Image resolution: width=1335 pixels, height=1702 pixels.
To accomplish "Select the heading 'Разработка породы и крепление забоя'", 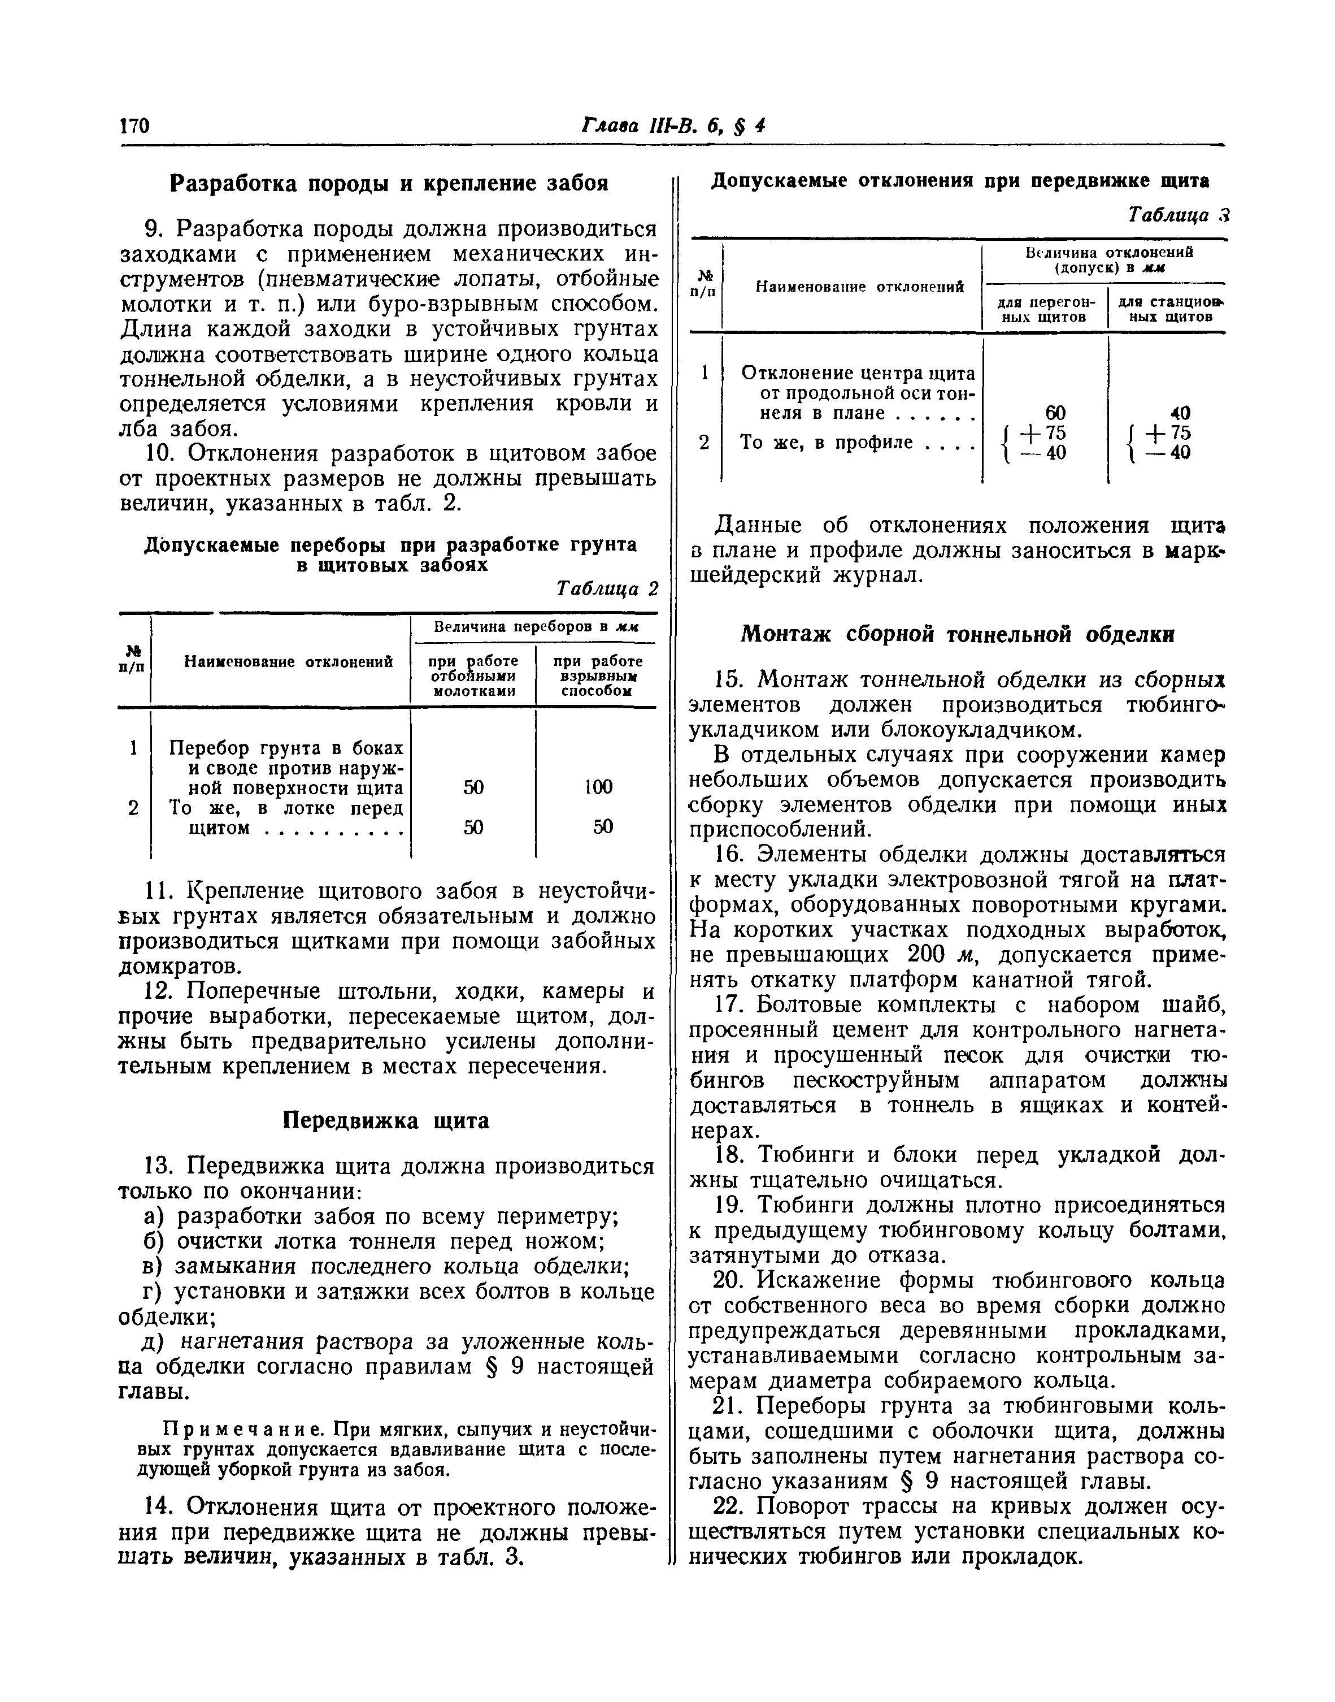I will tap(389, 184).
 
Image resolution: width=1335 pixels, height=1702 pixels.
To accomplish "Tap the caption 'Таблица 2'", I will tap(607, 588).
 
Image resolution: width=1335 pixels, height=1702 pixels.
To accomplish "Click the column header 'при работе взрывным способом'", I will tap(597, 675).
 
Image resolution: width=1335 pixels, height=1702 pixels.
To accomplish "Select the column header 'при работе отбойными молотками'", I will tap(473, 675).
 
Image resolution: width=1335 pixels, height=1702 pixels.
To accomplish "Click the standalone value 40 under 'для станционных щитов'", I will tap(1180, 413).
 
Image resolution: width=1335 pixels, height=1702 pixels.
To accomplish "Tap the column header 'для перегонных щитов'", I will tap(1046, 309).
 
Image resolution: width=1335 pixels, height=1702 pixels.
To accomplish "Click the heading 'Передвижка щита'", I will tap(385, 1121).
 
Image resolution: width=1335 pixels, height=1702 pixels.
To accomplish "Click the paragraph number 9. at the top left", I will tap(155, 230).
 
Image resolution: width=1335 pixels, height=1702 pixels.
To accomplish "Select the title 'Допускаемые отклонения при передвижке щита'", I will tap(960, 181).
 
